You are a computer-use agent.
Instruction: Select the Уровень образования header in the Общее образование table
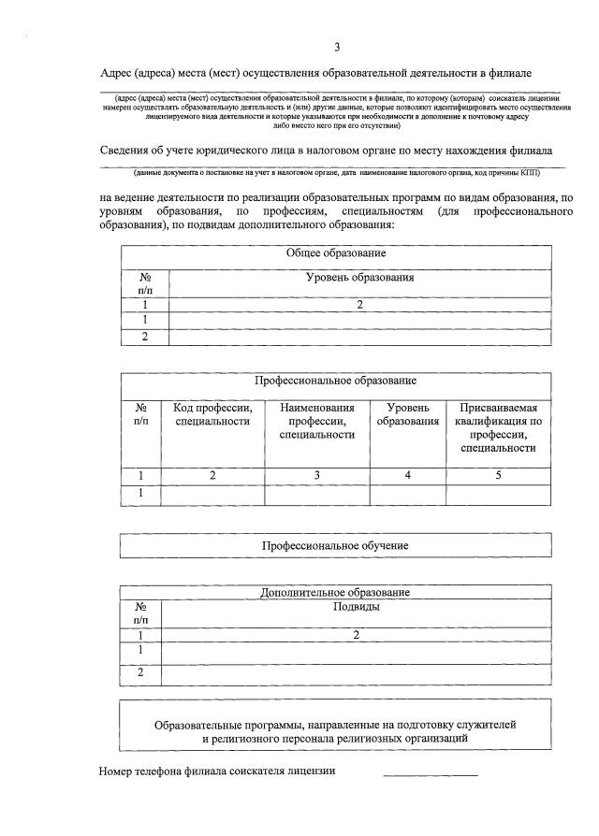coord(359,278)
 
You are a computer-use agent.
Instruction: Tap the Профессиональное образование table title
coord(336,381)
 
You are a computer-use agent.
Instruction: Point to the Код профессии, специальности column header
coord(212,414)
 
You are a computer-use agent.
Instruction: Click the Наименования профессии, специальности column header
coord(316,421)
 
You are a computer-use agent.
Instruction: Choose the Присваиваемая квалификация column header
coord(497,428)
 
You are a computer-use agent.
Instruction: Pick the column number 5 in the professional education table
coord(497,475)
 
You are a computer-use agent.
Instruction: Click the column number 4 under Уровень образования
coord(407,475)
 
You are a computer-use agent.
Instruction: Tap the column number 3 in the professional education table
coord(316,475)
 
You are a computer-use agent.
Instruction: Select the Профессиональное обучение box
coord(336,545)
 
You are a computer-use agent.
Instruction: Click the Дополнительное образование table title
coord(335,592)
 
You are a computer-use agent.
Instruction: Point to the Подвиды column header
coord(357,607)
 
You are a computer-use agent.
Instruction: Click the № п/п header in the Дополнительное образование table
coord(141,613)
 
